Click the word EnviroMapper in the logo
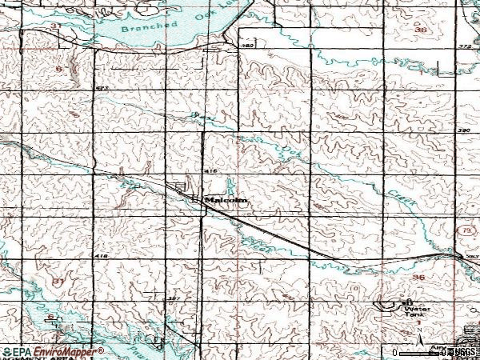point(67,351)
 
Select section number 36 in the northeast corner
point(422,30)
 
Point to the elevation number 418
point(101,255)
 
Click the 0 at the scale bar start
point(394,352)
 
